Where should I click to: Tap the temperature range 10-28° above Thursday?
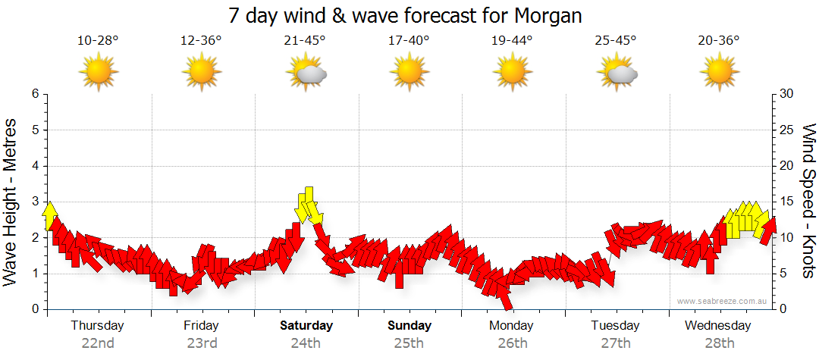point(98,40)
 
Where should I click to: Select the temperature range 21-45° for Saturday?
point(305,40)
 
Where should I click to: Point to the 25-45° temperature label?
point(616,40)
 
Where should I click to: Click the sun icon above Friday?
point(202,73)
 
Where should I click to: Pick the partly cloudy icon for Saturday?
point(306,73)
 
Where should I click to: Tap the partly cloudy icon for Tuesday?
point(616,73)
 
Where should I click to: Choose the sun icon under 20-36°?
point(719,73)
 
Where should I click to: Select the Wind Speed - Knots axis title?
point(808,201)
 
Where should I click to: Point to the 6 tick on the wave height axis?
point(34,94)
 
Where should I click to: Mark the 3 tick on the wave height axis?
point(34,202)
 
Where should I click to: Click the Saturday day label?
point(306,326)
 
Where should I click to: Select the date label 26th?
point(513,343)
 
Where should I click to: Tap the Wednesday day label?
point(717,326)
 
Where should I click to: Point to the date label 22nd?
point(98,343)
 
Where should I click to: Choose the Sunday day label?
point(409,326)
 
